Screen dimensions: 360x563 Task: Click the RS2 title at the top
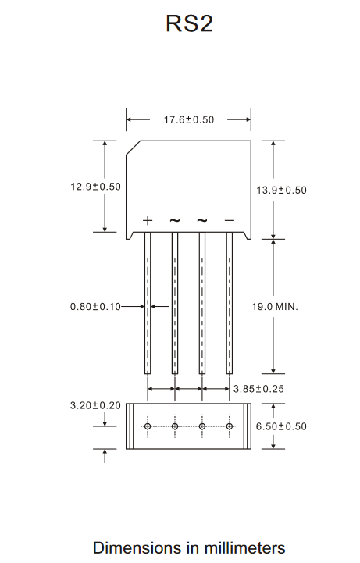point(189,23)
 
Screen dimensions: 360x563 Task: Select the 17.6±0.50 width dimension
point(189,119)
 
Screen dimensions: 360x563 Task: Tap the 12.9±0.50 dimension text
point(95,187)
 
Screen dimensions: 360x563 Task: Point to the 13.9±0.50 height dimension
point(281,190)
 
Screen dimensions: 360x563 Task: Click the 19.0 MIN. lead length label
point(275,307)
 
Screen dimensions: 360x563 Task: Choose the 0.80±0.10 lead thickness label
point(95,307)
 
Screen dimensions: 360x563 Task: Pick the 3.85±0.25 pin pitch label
point(258,389)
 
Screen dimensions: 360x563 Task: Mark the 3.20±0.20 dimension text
point(95,406)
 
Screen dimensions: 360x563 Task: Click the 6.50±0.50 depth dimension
point(281,426)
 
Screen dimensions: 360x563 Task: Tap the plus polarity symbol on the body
point(148,220)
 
